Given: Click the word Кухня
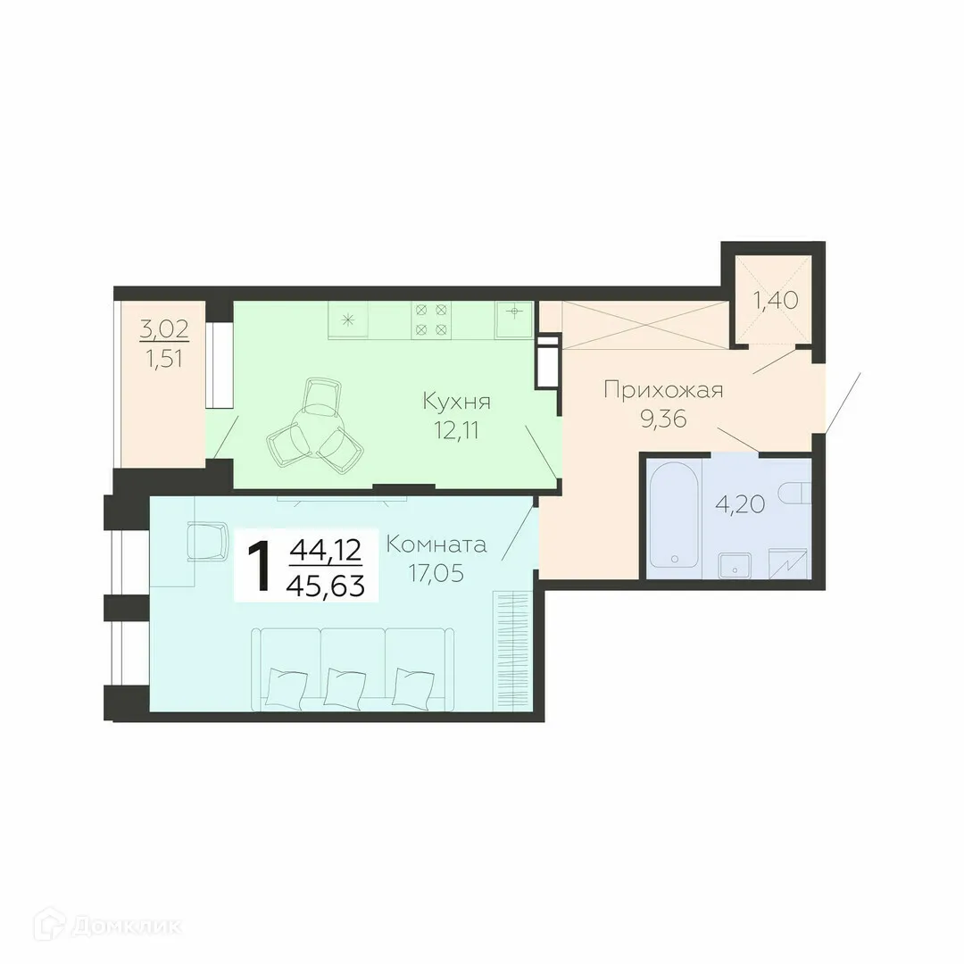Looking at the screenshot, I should (x=457, y=402).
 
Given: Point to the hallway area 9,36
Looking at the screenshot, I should (x=662, y=419).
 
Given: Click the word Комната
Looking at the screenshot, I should (x=436, y=544).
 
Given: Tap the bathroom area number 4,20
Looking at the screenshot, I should (x=739, y=505).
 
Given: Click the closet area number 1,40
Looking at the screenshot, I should (x=774, y=300).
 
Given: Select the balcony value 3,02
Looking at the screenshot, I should (x=164, y=328).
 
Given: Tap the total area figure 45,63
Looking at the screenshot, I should (x=326, y=584).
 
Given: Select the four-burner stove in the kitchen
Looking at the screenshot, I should (x=429, y=320).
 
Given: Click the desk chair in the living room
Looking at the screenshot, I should (x=208, y=542).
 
